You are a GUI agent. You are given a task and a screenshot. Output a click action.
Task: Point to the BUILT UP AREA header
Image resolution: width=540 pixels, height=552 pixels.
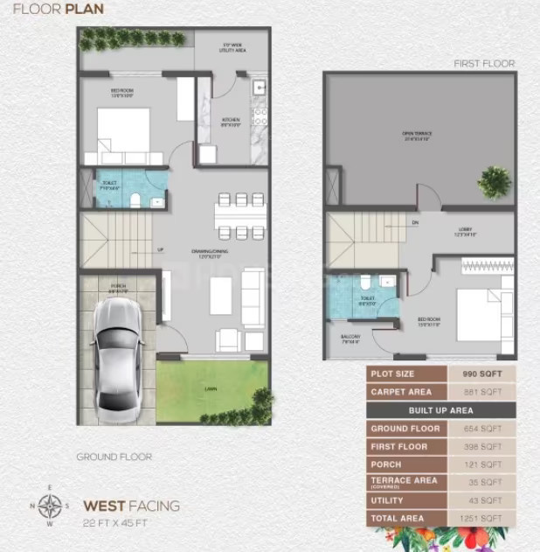click(x=440, y=409)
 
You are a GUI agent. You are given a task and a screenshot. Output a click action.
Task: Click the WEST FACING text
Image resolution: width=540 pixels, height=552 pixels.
click(x=131, y=505)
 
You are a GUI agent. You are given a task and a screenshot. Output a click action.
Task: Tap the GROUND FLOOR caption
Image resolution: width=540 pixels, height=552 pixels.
click(x=114, y=457)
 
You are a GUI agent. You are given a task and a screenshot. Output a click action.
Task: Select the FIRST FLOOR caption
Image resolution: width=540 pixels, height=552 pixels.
click(x=484, y=64)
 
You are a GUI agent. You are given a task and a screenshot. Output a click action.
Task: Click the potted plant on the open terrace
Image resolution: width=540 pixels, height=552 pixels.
click(x=494, y=182)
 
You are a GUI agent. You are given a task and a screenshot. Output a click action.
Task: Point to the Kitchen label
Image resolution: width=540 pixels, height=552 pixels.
click(x=230, y=121)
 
